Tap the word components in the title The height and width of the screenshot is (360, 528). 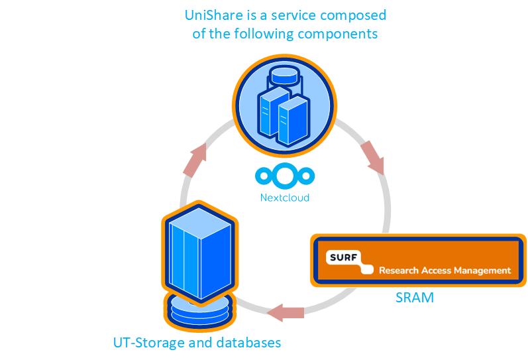point(345,32)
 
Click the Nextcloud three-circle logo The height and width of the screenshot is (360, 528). point(284,176)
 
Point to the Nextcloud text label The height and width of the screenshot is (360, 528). point(284,198)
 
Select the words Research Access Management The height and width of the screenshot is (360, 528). point(444,270)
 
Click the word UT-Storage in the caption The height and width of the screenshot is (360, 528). point(147,343)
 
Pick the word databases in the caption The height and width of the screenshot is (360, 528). point(250,343)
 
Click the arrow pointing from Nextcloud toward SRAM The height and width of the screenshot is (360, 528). point(374,156)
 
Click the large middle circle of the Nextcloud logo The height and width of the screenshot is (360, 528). point(284,176)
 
